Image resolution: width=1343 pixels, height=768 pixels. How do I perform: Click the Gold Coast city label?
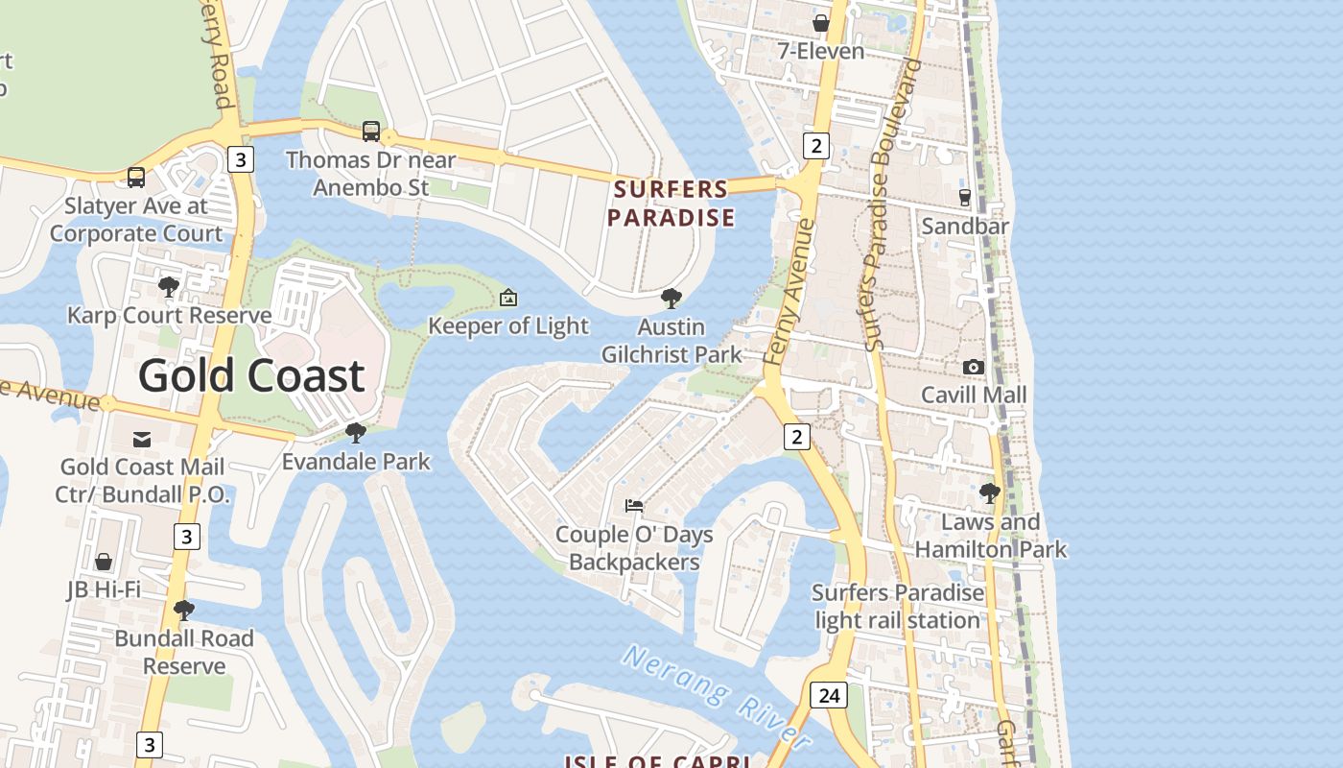[251, 375]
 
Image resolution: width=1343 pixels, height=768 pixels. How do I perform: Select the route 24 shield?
[828, 695]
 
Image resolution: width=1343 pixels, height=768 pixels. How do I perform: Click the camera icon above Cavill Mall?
[974, 367]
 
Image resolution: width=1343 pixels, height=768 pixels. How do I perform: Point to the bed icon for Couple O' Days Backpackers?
[633, 505]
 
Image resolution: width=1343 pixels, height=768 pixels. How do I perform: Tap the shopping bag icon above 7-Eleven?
[821, 22]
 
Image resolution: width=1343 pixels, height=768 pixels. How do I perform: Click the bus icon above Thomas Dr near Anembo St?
[371, 132]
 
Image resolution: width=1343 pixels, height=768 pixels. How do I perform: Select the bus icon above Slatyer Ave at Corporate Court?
[136, 178]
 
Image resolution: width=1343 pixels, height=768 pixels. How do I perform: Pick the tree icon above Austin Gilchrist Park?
[671, 299]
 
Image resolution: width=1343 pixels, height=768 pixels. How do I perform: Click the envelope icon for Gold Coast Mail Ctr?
[142, 440]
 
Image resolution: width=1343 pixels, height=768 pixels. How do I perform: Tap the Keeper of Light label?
[508, 326]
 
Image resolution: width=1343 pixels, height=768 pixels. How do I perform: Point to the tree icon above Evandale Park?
[356, 433]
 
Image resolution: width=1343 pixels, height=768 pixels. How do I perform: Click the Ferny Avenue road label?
[789, 292]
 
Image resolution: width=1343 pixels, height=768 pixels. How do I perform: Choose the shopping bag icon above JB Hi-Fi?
[104, 562]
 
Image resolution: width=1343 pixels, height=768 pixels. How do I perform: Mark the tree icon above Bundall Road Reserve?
[184, 610]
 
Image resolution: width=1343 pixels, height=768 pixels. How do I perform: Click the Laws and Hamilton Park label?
[990, 536]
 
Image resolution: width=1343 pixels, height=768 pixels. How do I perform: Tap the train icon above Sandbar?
[965, 198]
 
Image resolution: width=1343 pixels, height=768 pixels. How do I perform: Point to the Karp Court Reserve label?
[170, 315]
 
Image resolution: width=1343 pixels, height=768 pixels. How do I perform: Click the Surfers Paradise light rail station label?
[898, 607]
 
